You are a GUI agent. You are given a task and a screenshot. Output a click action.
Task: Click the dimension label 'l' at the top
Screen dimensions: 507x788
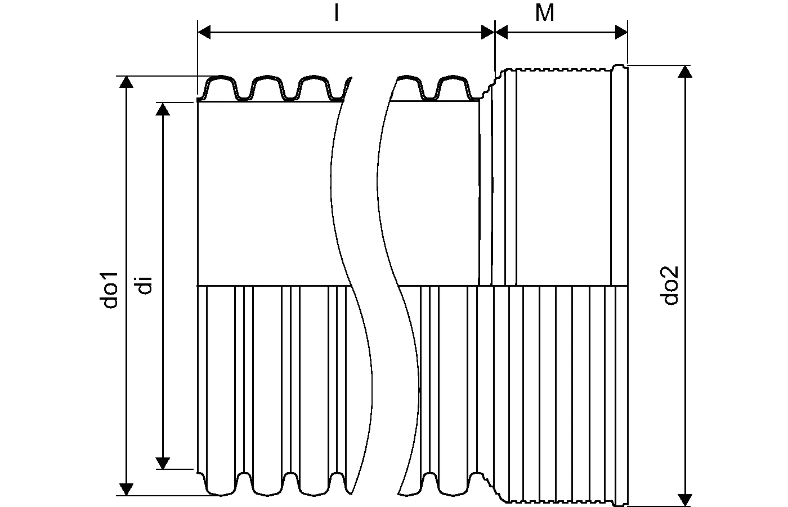pos(336,13)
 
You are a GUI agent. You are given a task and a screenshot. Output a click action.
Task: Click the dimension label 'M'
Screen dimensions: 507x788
pos(544,13)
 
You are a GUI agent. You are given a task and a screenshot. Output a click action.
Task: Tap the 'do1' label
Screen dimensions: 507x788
pos(110,290)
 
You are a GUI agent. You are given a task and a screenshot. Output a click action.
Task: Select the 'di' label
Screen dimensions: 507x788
pos(144,285)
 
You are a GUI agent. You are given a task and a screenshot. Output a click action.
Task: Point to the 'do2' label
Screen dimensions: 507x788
pos(670,285)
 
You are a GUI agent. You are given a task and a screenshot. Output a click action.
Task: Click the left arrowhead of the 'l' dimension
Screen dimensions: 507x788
pos(204,33)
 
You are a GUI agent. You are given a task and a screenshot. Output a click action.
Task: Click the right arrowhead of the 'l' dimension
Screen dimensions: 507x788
pos(488,33)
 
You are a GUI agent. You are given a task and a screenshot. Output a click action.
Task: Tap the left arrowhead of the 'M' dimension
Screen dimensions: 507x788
pos(502,33)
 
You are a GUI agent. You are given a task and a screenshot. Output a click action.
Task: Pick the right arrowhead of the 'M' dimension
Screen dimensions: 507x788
pos(621,33)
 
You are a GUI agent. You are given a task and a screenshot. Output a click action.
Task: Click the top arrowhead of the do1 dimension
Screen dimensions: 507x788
pos(127,82)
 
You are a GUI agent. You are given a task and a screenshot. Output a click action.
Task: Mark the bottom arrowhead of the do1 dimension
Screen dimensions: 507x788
pos(127,489)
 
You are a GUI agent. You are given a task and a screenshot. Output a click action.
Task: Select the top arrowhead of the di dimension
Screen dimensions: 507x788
pos(163,109)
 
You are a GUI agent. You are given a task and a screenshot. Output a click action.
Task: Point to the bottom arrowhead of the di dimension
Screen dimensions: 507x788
pos(163,462)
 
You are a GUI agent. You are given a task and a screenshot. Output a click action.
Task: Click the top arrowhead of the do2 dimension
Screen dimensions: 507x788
pos(685,72)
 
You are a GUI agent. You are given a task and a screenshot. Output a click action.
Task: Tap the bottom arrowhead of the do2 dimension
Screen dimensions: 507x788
pos(685,499)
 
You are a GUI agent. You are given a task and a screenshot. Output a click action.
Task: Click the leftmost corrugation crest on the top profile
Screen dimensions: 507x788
pos(221,78)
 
